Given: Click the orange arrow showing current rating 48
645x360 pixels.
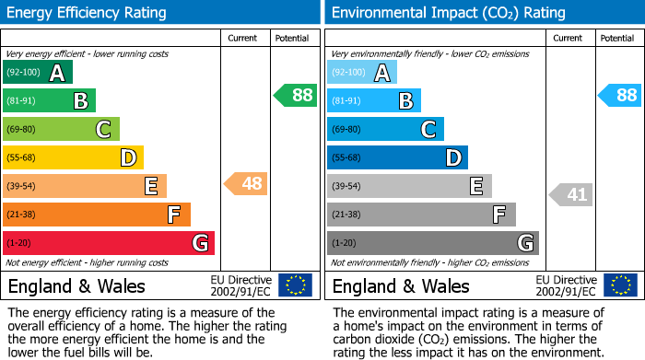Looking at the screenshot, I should (x=246, y=184).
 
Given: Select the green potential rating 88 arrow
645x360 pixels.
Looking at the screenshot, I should (x=295, y=95).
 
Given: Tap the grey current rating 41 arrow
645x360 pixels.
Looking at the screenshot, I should (x=571, y=194).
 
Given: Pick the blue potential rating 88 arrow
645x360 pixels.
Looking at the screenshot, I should (x=620, y=95).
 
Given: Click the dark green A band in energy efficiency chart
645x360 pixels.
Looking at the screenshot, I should (x=38, y=73).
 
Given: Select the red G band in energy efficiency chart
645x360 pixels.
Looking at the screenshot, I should (x=109, y=243).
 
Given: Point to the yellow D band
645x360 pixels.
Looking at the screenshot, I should (x=73, y=158).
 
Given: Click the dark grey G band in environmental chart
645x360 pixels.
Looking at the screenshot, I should (x=432, y=243).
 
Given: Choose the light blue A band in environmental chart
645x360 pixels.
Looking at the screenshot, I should (x=362, y=73).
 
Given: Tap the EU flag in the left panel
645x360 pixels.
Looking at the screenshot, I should (x=295, y=285).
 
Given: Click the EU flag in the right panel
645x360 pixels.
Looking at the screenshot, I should (x=619, y=285).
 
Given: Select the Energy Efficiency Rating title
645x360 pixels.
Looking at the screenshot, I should (x=88, y=13).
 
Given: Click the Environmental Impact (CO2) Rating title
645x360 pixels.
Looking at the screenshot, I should (x=448, y=13).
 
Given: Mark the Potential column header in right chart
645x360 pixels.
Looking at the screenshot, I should (x=616, y=38).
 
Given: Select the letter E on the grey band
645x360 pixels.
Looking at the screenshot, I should (x=476, y=187).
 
